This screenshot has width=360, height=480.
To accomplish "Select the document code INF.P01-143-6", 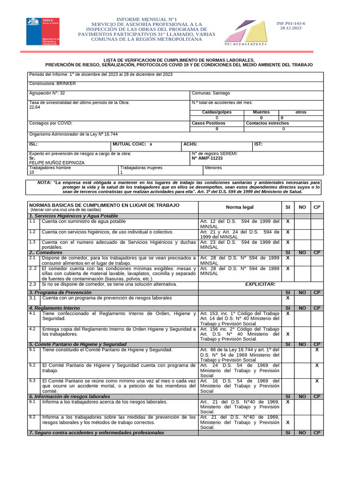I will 291,23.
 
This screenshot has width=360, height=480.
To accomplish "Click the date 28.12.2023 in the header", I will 291,28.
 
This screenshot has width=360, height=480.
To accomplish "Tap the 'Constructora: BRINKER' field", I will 52,83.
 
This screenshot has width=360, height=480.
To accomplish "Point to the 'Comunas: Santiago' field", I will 211,93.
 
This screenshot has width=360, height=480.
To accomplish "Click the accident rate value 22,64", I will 35,107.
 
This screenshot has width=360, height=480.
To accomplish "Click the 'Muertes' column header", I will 261,112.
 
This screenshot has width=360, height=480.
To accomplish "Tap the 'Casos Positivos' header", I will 209,123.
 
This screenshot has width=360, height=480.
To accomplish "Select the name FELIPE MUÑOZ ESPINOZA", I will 57,162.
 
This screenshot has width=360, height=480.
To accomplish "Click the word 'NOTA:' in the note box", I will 45,181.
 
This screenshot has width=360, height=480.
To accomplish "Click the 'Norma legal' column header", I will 240,207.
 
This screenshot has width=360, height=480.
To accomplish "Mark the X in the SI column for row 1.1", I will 288,221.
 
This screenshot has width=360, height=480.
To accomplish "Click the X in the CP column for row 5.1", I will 317,350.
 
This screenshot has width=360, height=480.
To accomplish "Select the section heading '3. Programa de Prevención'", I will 60,292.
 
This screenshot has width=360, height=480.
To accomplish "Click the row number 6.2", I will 32,417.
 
